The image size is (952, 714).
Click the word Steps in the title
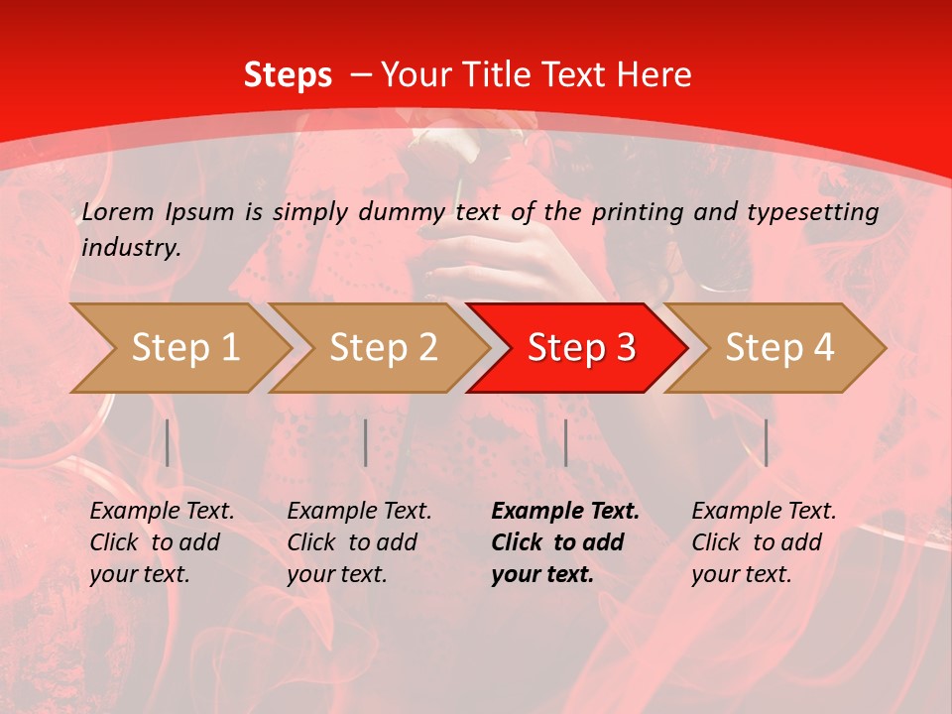click(x=288, y=75)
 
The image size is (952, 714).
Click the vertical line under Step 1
click(x=168, y=442)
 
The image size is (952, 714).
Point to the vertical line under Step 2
click(x=366, y=442)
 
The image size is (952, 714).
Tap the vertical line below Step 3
click(x=565, y=442)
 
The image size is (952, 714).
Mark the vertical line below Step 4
click(x=766, y=442)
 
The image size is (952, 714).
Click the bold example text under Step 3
click(x=564, y=542)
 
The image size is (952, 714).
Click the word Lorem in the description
click(x=118, y=212)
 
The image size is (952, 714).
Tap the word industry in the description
click(x=130, y=248)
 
